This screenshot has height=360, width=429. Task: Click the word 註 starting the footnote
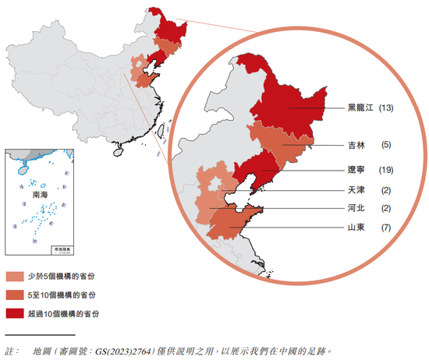10,351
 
